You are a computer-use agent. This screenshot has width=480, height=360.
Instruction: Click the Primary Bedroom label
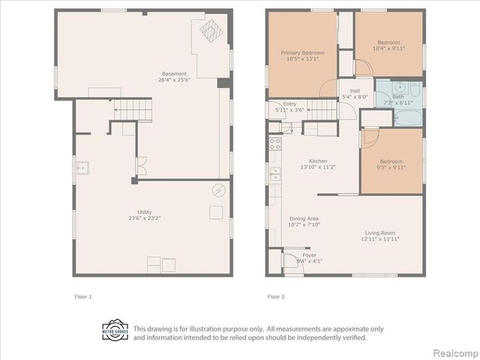[302, 53]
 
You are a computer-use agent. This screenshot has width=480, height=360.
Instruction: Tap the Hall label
[355, 91]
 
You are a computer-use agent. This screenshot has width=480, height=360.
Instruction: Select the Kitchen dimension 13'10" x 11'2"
[318, 166]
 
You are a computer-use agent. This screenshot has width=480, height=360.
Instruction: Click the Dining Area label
[304, 218]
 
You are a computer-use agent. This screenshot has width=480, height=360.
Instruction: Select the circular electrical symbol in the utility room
[218, 190]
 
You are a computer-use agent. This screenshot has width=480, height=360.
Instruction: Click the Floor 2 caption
[276, 297]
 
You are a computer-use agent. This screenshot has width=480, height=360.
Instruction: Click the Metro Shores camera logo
[115, 331]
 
